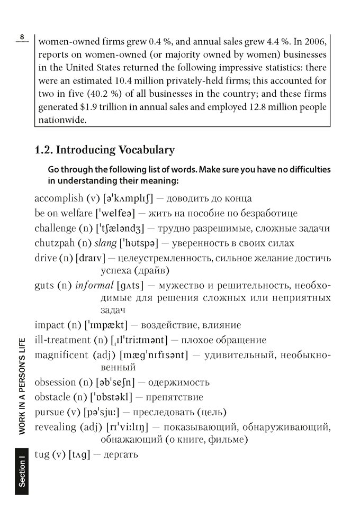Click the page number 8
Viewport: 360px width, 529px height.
point(22,36)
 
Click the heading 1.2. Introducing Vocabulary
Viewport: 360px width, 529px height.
point(104,150)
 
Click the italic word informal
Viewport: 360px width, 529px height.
point(94,286)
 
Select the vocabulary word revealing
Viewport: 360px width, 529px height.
point(55,426)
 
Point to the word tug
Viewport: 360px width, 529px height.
point(42,454)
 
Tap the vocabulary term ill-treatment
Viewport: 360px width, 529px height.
point(62,340)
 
